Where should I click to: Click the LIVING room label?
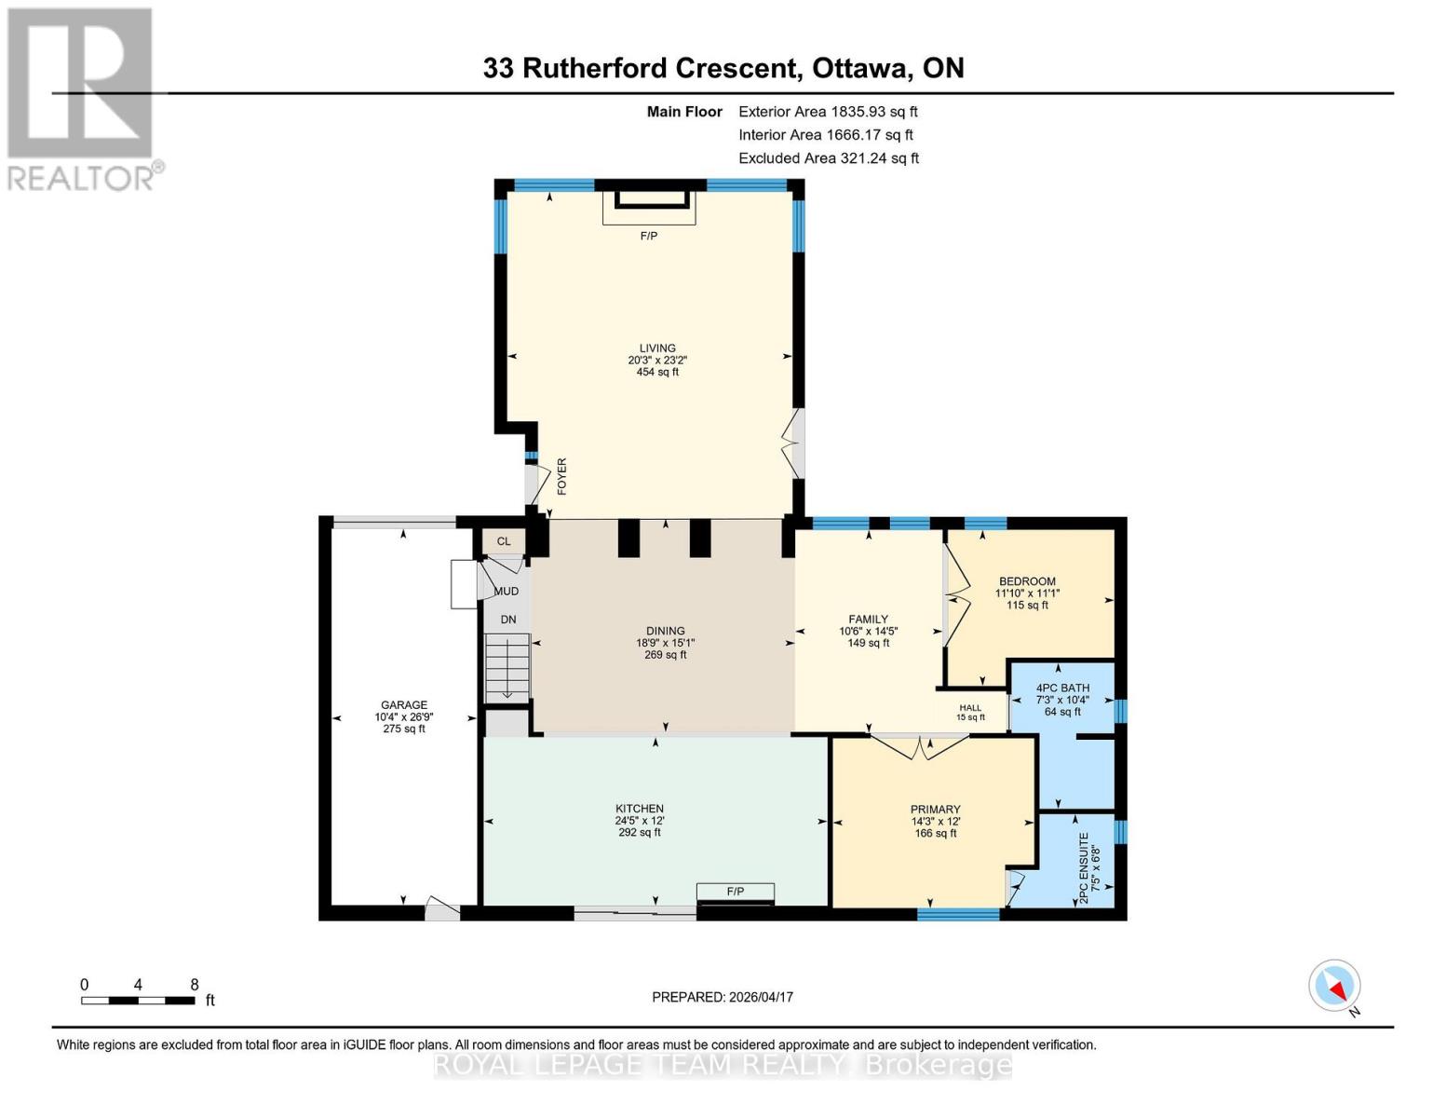coord(656,348)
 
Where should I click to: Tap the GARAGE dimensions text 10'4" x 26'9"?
coord(404,717)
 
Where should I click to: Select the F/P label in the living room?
coord(649,236)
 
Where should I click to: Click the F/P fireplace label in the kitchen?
coord(736,892)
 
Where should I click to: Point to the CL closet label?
coord(504,541)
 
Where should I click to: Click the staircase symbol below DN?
coord(507,668)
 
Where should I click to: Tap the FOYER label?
coord(561,476)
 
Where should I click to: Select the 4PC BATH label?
coord(1062,689)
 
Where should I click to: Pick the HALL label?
coord(970,708)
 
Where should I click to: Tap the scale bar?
coord(138,1001)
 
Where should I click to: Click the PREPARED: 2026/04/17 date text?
coord(723,997)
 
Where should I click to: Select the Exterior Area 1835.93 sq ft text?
coord(828,112)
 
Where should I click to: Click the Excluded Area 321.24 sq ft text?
coord(829,158)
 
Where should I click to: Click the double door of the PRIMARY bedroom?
coord(920,747)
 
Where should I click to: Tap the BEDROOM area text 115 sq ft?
coord(1027,606)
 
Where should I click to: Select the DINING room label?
coord(665,631)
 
